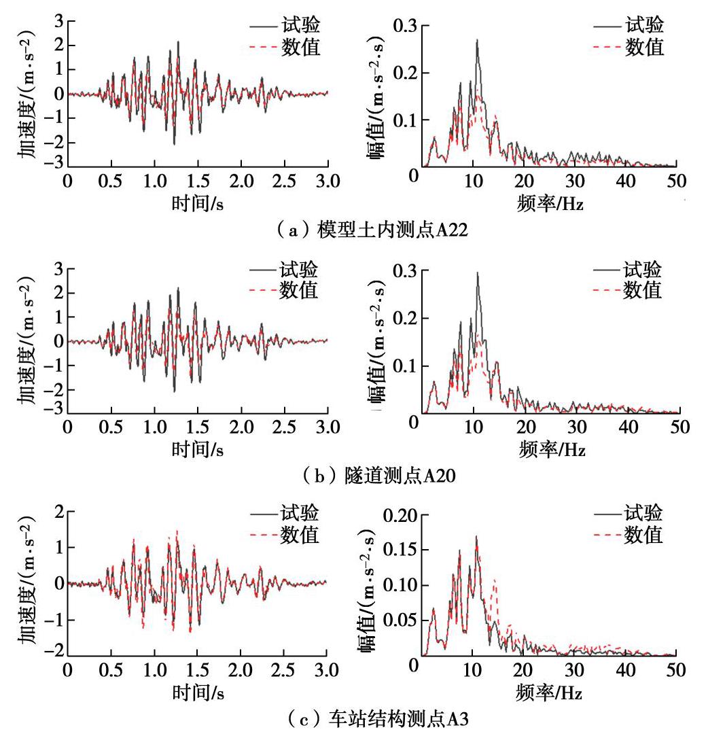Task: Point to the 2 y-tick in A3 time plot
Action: (58, 512)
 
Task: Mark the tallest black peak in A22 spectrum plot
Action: (478, 39)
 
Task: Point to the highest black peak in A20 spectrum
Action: (478, 273)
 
